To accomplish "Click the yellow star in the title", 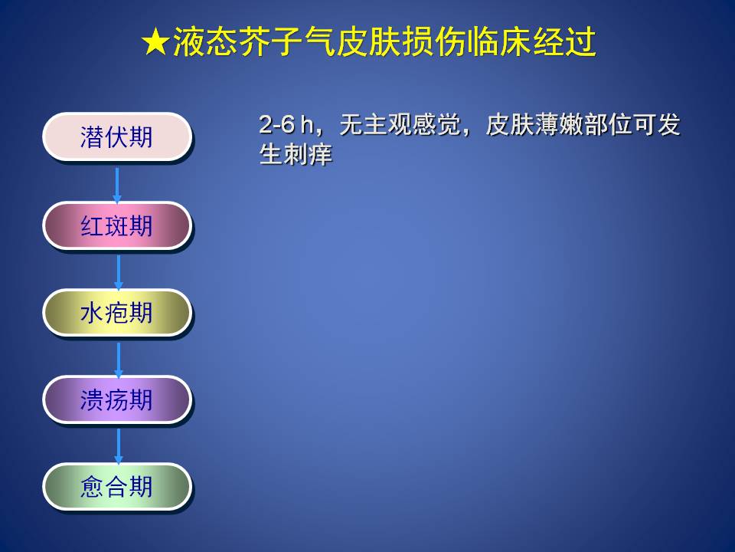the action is tap(155, 41).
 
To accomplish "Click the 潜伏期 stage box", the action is tap(117, 136).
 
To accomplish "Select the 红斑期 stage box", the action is tap(117, 225).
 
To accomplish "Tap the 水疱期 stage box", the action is tap(117, 313).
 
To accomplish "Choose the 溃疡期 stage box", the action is tap(117, 400).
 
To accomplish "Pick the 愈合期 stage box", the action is tap(117, 487).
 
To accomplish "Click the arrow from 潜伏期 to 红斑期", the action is tap(117, 185).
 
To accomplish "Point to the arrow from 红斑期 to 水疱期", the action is tap(119, 272).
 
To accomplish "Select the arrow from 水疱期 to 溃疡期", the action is tap(119, 360).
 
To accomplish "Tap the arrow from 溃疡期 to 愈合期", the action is tap(119, 446).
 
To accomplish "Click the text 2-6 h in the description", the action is tap(286, 125).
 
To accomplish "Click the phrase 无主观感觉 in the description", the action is tap(400, 125).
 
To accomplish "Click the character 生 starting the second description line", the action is tap(271, 154).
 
